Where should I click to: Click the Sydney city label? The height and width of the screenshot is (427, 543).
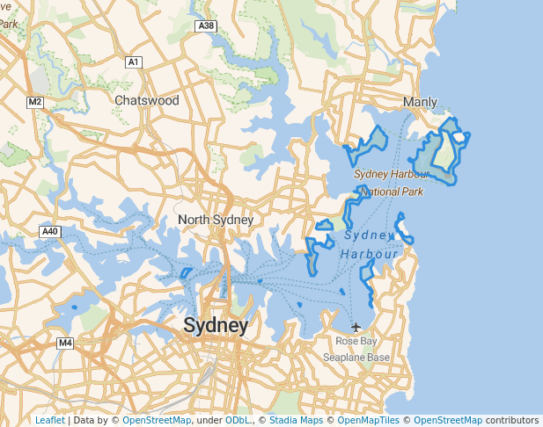tap(216, 326)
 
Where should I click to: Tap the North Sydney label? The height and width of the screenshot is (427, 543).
tap(216, 220)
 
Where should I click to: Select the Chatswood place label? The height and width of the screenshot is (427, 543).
tap(147, 100)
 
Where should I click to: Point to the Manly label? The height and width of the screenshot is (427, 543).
tap(420, 102)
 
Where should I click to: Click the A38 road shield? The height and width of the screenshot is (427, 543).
tap(207, 26)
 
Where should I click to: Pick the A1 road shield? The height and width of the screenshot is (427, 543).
tap(134, 62)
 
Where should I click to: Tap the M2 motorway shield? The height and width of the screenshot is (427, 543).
tap(35, 102)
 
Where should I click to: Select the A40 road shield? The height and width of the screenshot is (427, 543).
tap(49, 231)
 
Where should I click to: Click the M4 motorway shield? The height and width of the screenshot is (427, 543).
tap(65, 343)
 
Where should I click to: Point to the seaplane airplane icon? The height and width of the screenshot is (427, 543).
tap(356, 328)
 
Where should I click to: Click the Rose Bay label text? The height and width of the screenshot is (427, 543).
tap(356, 341)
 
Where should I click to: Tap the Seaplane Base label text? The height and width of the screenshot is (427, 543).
tap(356, 358)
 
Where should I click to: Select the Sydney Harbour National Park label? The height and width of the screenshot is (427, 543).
tap(391, 183)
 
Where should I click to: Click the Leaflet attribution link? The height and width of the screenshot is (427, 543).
tap(49, 420)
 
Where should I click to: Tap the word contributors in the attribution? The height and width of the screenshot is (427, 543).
tap(512, 420)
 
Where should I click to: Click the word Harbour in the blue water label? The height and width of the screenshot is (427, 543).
tap(370, 255)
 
